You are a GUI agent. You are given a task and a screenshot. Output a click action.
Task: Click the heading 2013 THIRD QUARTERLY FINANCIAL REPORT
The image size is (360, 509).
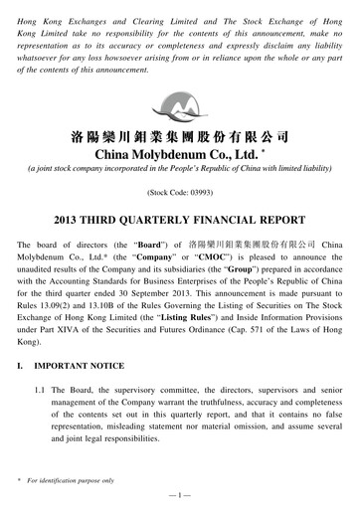click(179, 220)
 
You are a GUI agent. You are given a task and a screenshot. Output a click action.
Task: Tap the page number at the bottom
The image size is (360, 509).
click(179, 493)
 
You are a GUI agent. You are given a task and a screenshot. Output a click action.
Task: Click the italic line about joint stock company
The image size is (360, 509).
click(179, 170)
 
